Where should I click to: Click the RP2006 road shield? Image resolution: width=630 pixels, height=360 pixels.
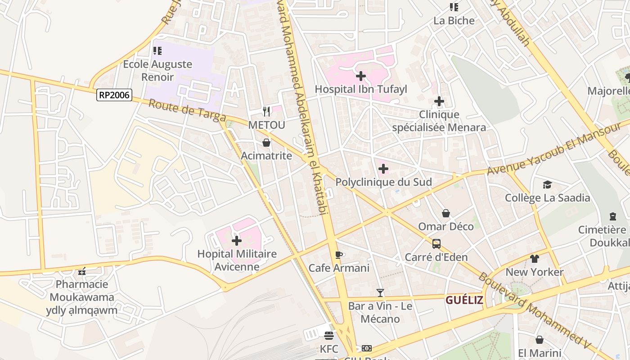(x=114, y=95)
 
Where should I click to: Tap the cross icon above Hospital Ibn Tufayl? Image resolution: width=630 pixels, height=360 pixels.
(x=360, y=76)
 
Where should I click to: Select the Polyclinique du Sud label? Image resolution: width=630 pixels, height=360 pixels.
(x=383, y=182)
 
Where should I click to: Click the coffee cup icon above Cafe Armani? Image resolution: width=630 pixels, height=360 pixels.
(x=339, y=255)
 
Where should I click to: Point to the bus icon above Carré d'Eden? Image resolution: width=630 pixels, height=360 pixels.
(x=436, y=244)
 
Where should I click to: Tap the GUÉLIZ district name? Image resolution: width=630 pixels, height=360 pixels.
(x=464, y=300)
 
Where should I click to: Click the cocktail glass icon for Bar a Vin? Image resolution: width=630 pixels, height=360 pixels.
(x=380, y=293)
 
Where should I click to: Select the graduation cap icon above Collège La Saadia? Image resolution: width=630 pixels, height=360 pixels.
(x=547, y=184)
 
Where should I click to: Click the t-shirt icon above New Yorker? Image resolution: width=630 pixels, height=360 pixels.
(x=534, y=259)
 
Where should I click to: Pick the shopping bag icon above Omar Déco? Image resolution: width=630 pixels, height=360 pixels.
(x=445, y=213)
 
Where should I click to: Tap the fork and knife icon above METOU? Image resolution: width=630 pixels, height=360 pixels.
(x=266, y=111)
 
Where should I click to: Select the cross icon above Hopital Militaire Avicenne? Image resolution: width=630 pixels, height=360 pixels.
(x=236, y=241)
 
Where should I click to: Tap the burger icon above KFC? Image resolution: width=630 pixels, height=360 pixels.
(x=329, y=336)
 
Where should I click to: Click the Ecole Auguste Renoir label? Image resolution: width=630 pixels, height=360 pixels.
(x=157, y=70)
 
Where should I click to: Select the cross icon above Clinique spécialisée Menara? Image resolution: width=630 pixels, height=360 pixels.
(x=439, y=102)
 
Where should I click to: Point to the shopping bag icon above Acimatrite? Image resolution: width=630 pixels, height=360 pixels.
(x=266, y=143)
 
